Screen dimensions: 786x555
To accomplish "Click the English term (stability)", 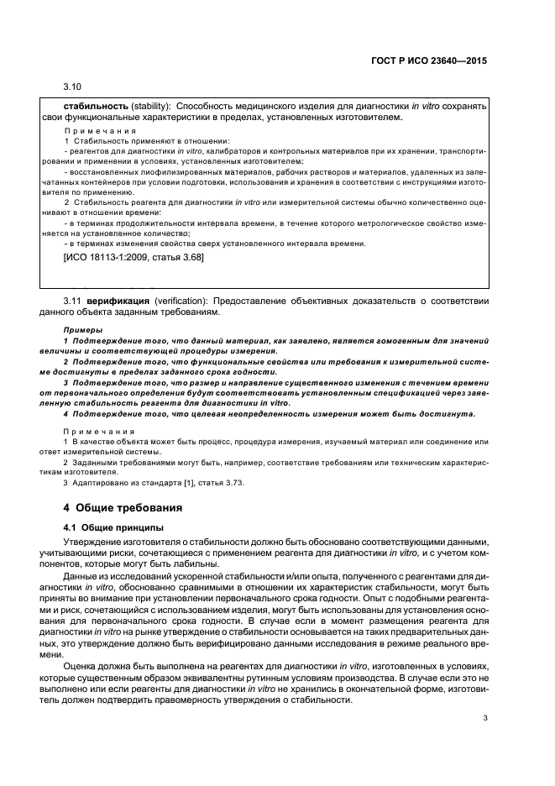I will coord(155,107).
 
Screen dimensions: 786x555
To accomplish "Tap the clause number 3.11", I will coord(73,300).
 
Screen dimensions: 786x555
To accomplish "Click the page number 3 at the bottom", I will coord(485,741).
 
